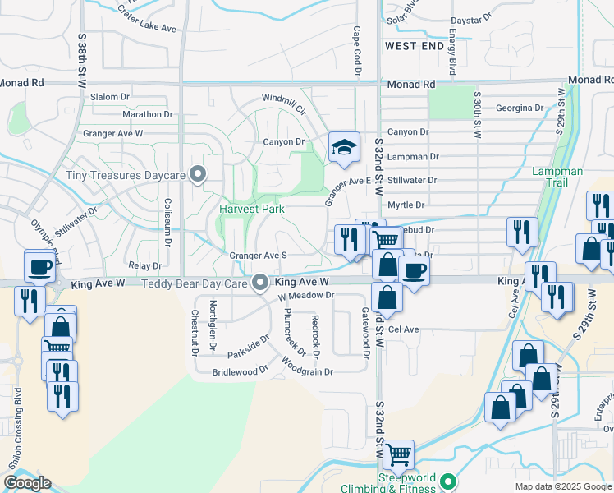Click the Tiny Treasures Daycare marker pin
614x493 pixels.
197,174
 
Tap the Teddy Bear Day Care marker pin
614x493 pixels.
260,283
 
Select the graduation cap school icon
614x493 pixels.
344,147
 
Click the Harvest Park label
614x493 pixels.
251,209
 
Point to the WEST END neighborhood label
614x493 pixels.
415,46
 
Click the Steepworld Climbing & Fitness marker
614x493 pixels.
447,481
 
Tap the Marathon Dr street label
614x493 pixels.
147,115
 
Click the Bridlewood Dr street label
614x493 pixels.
241,371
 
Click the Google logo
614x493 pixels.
27,483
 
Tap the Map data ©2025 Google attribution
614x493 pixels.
562,486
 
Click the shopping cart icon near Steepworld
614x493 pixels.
398,454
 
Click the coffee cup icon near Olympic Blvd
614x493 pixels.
40,266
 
